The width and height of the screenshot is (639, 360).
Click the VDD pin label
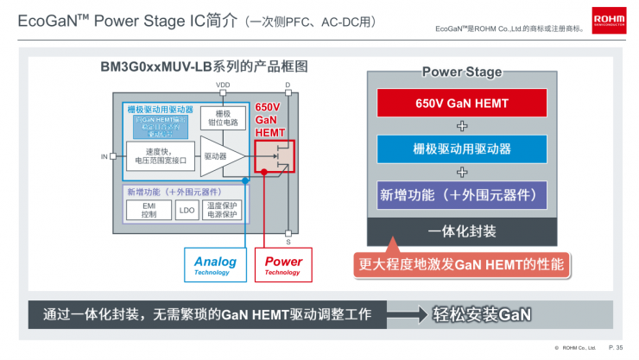tap(223, 85)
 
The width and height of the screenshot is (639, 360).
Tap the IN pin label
tap(104, 156)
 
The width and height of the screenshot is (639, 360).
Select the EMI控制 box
tap(149, 210)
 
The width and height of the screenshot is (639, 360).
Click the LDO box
tap(187, 210)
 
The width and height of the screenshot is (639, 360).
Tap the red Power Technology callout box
tap(282, 265)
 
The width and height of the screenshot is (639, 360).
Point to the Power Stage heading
tap(461, 73)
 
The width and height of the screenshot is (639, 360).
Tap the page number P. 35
tap(616, 348)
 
